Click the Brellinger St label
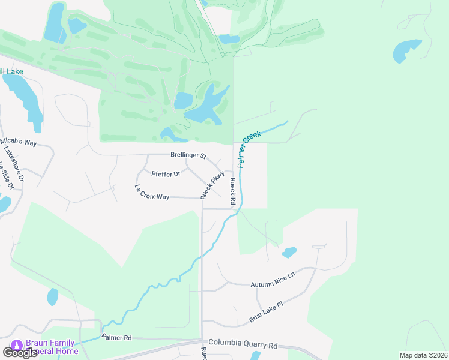pos(188,155)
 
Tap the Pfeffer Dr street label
pos(166,174)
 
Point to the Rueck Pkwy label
pos(212,185)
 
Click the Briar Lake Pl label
pos(266,313)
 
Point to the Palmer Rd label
pos(116,338)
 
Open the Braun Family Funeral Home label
pos(51,347)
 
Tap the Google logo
pos(20,353)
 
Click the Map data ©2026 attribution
pos(423,355)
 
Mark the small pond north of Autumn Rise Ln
pos(289,253)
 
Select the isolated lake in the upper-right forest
pos(406,50)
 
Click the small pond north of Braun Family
pos(53,296)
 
